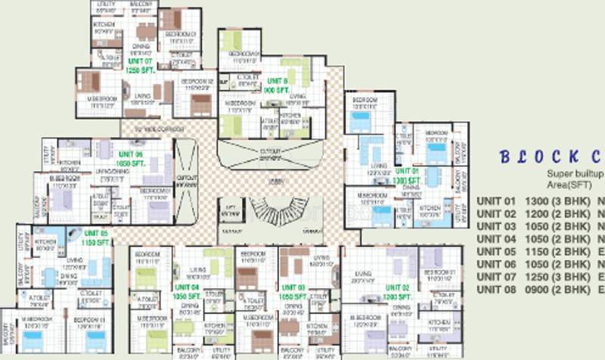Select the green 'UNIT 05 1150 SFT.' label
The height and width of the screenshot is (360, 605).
pyautogui.click(x=96, y=237)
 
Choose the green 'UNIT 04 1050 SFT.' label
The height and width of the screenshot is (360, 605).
pyautogui.click(x=185, y=292)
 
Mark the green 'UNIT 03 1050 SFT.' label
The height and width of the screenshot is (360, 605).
pyautogui.click(x=293, y=292)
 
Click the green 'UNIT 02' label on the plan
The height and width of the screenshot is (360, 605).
pyautogui.click(x=397, y=288)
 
